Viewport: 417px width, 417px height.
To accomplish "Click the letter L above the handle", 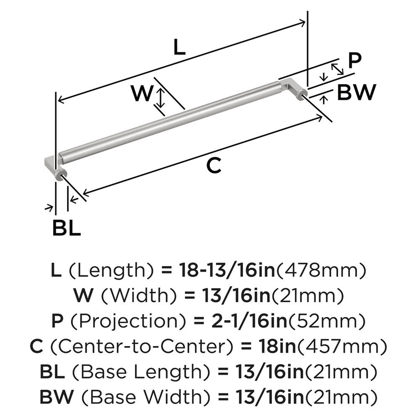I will pos(178,48).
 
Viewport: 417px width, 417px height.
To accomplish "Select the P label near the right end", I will pos(354,61).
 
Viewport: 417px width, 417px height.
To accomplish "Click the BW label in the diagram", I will pos(356,93).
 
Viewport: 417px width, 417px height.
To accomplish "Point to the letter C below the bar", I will pos(214,166).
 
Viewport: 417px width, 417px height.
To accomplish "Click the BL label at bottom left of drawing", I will pos(66,228).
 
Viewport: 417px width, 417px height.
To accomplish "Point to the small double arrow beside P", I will pos(337,69).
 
